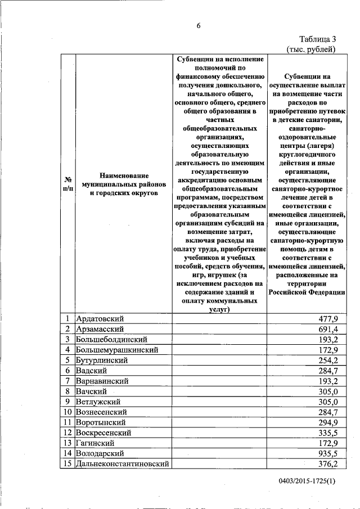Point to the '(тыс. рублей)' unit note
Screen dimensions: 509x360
[x=311, y=49]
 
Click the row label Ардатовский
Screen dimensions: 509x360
[x=100, y=319]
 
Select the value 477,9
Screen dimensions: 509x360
[x=328, y=319]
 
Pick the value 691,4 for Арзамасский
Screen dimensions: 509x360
[x=328, y=329]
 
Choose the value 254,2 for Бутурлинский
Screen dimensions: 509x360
[x=328, y=361]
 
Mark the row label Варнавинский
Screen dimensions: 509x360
[x=102, y=381]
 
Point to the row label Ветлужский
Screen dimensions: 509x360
[x=98, y=402]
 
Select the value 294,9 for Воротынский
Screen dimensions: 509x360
[x=328, y=422]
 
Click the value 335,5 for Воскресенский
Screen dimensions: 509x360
[x=328, y=433]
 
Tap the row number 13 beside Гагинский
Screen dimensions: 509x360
[x=66, y=443]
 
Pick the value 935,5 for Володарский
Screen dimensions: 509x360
[x=328, y=453]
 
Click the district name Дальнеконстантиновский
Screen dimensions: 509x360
[x=123, y=464]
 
